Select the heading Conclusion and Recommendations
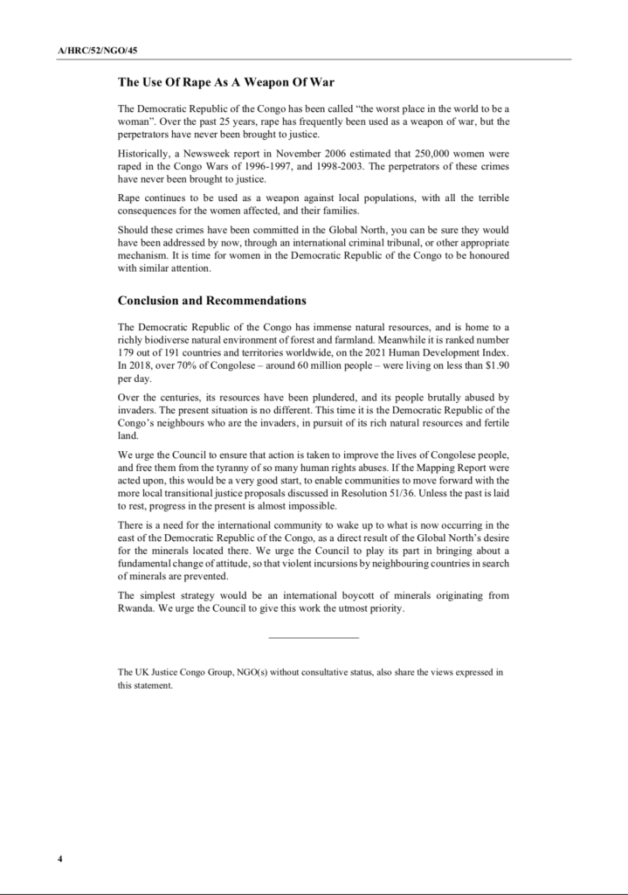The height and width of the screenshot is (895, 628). point(211,301)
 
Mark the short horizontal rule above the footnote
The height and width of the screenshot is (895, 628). point(314,636)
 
